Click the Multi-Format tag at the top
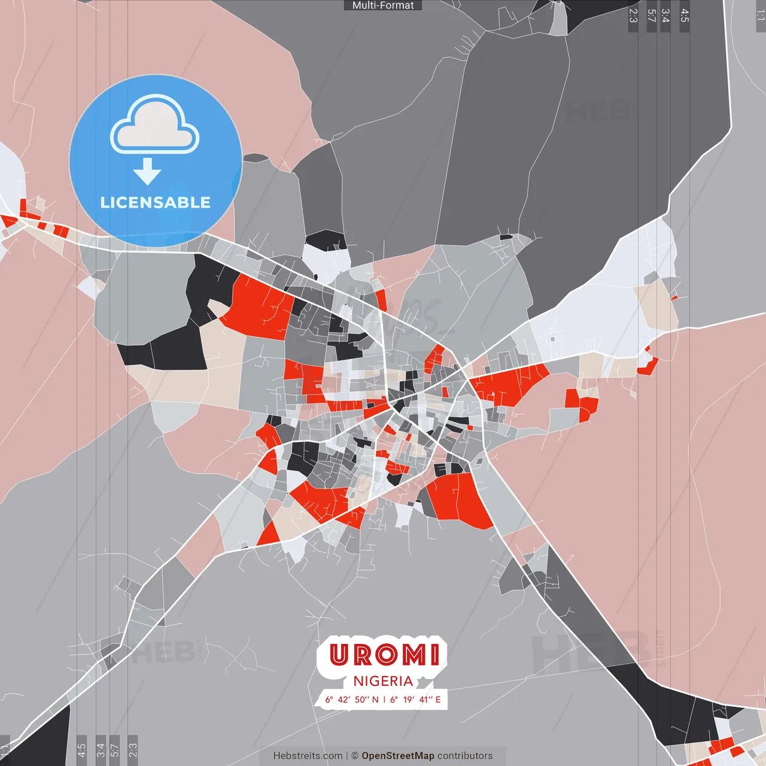click(x=383, y=5)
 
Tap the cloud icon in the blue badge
click(x=154, y=124)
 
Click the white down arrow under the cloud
click(x=147, y=171)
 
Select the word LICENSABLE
click(x=155, y=202)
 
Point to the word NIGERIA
click(x=383, y=681)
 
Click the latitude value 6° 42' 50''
click(x=347, y=700)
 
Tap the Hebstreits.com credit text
click(x=308, y=756)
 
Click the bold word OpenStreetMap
click(x=398, y=756)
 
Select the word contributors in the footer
click(x=465, y=756)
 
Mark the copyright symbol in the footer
click(x=355, y=756)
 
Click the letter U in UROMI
click(x=339, y=655)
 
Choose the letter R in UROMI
click(x=363, y=655)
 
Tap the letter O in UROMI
click(x=385, y=655)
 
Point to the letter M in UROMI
click(x=413, y=655)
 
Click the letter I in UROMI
click(x=434, y=655)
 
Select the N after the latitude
click(x=375, y=700)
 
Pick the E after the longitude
click(x=438, y=700)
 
